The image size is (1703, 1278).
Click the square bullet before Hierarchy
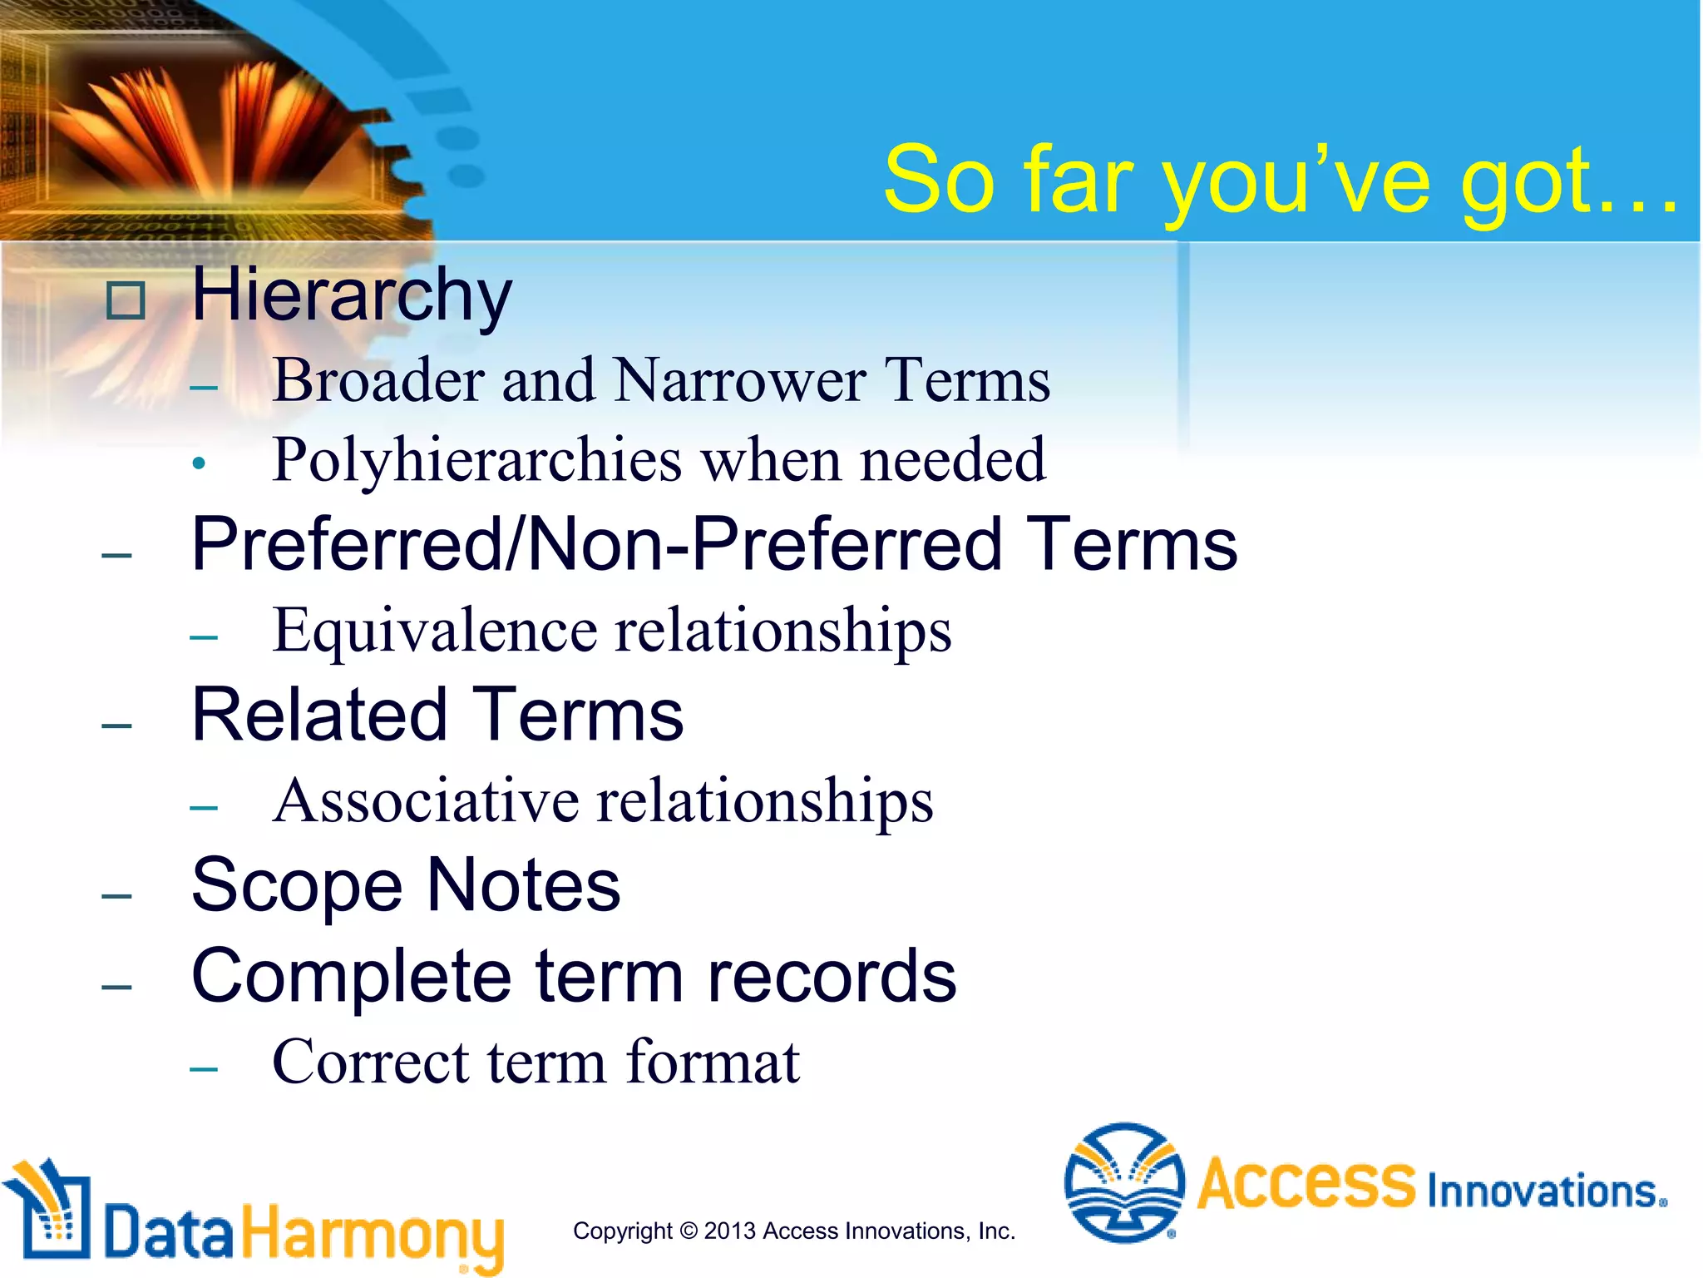click(x=126, y=300)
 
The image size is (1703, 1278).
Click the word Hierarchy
click(x=351, y=295)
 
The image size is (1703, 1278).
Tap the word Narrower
click(x=740, y=381)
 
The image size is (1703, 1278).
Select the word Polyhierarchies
click(x=476, y=460)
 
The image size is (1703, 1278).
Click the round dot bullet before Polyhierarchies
click(x=198, y=464)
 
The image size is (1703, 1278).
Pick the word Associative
click(x=426, y=801)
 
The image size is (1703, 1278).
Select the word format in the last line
click(x=713, y=1063)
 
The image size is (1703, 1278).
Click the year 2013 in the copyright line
click(x=729, y=1231)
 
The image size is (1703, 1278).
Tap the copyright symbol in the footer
click(x=688, y=1231)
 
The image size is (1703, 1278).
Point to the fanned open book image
click(x=208, y=125)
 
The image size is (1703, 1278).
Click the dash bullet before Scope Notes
click(x=117, y=896)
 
